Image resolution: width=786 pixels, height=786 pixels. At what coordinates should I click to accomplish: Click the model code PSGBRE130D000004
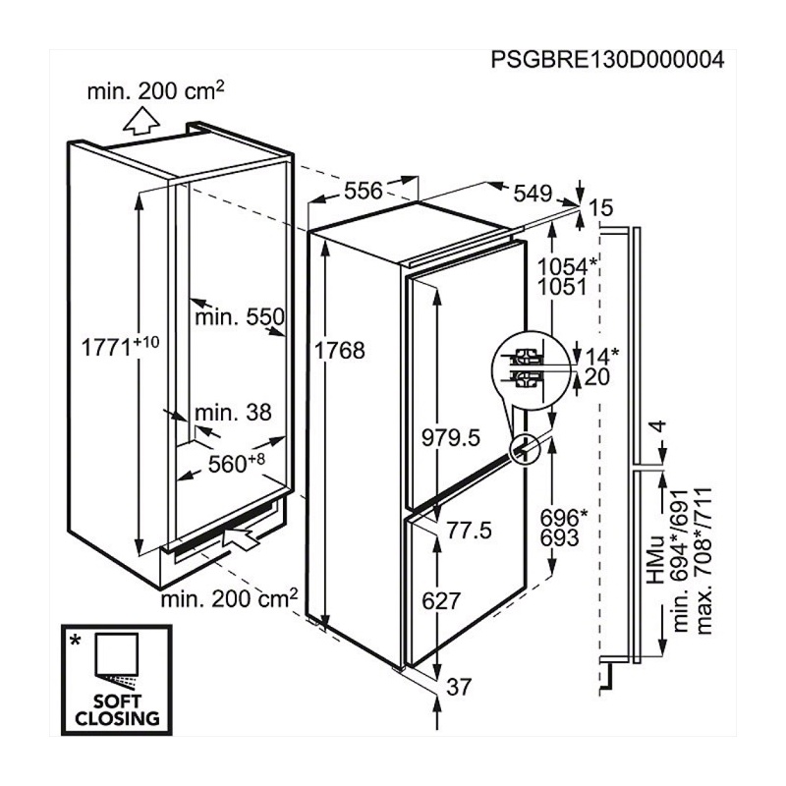pyautogui.click(x=607, y=60)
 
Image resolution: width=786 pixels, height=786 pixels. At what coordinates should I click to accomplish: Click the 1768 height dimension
pyautogui.click(x=339, y=351)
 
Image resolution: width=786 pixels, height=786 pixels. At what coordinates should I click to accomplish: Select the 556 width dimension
pyautogui.click(x=364, y=191)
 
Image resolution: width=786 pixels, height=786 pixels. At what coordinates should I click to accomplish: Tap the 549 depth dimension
pyautogui.click(x=533, y=193)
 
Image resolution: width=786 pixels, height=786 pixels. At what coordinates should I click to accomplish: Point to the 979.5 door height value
pyautogui.click(x=451, y=438)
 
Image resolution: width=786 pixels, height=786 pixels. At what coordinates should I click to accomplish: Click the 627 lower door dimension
pyautogui.click(x=441, y=601)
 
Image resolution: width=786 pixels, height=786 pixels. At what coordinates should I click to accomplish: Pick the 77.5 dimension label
pyautogui.click(x=470, y=531)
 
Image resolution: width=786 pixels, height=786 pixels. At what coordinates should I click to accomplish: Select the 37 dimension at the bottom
pyautogui.click(x=459, y=687)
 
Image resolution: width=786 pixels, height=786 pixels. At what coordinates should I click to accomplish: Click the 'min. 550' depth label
pyautogui.click(x=240, y=316)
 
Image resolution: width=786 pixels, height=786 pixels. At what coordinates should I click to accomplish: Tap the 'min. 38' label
pyautogui.click(x=233, y=413)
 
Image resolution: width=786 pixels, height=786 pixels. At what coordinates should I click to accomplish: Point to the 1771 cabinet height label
pyautogui.click(x=120, y=346)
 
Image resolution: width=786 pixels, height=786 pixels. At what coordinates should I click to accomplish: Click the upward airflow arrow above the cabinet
pyautogui.click(x=141, y=121)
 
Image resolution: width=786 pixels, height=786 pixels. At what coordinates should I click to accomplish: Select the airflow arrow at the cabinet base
pyautogui.click(x=241, y=537)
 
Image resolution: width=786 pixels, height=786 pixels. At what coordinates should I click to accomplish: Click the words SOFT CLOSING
pyautogui.click(x=117, y=709)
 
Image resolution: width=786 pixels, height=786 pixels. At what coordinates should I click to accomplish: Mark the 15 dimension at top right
pyautogui.click(x=601, y=207)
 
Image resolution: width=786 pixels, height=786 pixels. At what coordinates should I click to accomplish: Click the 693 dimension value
pyautogui.click(x=560, y=537)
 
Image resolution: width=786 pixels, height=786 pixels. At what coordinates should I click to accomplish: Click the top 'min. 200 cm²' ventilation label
pyautogui.click(x=155, y=90)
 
